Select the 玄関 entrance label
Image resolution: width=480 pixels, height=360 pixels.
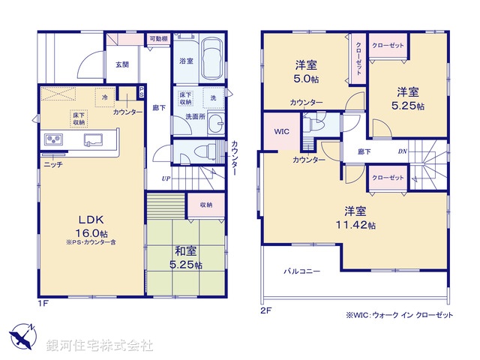[121, 64]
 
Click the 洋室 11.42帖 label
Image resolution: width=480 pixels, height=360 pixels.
[355, 217]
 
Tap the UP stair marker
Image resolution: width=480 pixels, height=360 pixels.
[166, 178]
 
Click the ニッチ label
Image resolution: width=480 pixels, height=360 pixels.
[52, 163]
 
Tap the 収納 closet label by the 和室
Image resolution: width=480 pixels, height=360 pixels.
[206, 204]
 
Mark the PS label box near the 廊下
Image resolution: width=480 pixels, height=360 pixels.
[142, 91]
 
